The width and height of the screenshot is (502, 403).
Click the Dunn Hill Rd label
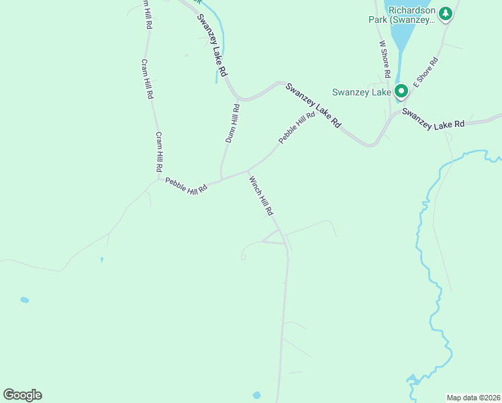click(231, 122)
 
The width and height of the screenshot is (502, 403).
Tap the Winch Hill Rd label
click(261, 195)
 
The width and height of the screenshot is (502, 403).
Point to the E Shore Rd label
click(425, 72)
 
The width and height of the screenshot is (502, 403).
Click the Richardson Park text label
click(411, 15)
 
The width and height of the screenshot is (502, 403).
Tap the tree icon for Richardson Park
click(445, 13)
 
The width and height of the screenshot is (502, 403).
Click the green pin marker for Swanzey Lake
click(401, 91)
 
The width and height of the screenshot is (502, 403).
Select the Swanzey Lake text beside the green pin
click(361, 92)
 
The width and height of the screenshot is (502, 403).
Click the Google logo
click(22, 394)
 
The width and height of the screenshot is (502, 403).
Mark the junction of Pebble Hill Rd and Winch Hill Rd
click(248, 171)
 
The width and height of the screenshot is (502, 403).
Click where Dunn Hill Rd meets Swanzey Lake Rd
click(239, 98)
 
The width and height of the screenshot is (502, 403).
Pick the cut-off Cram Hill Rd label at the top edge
click(145, 13)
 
